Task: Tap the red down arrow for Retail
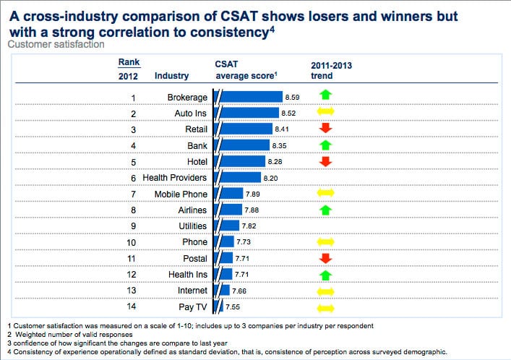[x=325, y=129]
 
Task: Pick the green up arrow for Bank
[x=325, y=145]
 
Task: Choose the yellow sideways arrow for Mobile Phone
[x=325, y=194]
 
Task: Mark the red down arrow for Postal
[x=325, y=258]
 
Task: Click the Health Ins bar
[x=225, y=274]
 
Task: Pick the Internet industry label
[x=192, y=291]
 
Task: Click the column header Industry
[x=172, y=75]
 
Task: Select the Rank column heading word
[x=129, y=62]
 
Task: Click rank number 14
[x=133, y=307]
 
